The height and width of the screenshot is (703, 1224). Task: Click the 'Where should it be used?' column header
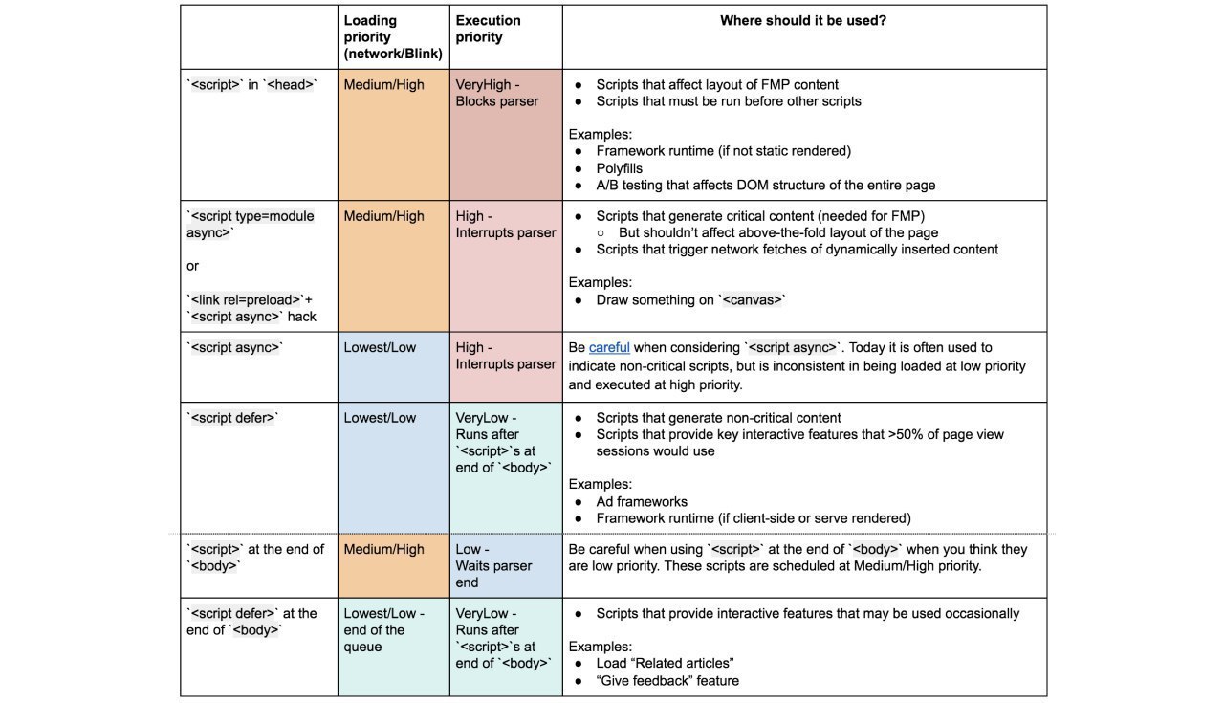point(802,20)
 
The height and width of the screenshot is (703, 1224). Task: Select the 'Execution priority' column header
point(488,29)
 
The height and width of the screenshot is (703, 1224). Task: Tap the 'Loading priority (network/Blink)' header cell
point(392,37)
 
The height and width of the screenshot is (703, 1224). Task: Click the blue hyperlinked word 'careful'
point(609,347)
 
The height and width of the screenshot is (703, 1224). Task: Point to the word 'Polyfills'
point(619,168)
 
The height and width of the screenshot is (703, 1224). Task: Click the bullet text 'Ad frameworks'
point(642,501)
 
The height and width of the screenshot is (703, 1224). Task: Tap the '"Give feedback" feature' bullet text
point(667,681)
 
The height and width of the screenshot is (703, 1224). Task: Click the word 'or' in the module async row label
point(192,266)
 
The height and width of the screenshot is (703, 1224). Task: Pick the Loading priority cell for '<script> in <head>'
point(393,134)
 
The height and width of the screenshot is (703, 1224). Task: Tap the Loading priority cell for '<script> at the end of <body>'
point(393,565)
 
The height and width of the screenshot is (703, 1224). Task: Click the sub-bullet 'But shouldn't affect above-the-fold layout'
point(777,232)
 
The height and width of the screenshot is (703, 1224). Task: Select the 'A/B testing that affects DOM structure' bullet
point(765,185)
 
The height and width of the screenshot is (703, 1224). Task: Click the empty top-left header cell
point(258,36)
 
